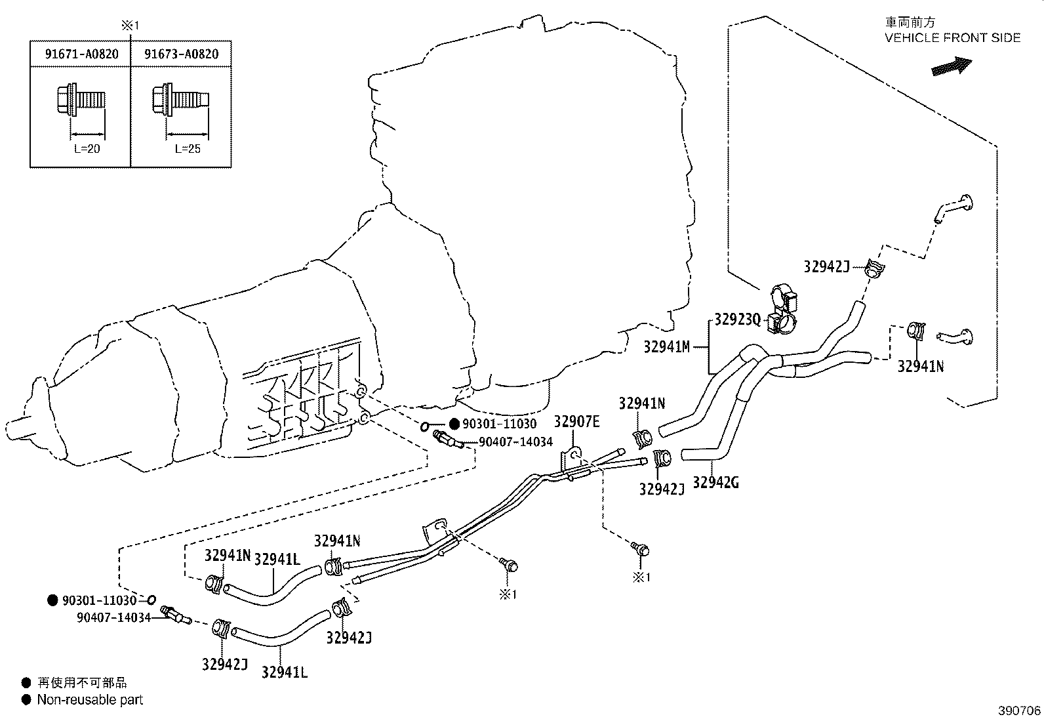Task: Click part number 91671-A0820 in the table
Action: click(x=81, y=54)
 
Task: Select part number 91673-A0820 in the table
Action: click(x=182, y=54)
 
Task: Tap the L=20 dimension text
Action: click(x=87, y=149)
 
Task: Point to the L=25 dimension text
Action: click(x=188, y=149)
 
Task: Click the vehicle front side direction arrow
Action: click(x=951, y=66)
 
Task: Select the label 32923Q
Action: click(x=738, y=319)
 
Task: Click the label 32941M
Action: click(x=667, y=347)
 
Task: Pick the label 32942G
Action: click(x=715, y=483)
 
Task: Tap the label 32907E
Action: click(x=576, y=422)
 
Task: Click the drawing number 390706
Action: click(x=1019, y=711)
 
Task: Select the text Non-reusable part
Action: click(x=90, y=700)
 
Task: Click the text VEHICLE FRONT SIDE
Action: click(x=952, y=38)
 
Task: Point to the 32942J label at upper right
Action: click(x=826, y=266)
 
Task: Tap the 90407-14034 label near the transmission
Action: click(x=515, y=442)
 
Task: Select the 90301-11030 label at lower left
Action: click(x=99, y=600)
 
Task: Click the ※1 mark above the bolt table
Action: click(x=130, y=26)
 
